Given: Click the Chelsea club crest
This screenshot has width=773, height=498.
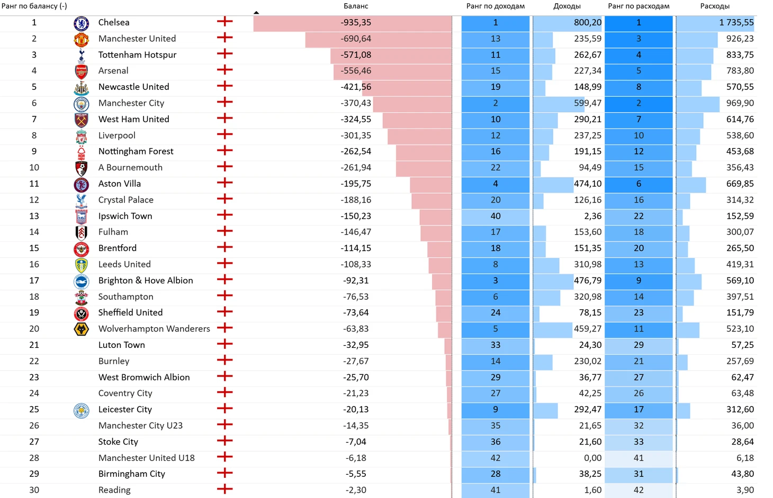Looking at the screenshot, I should (81, 23).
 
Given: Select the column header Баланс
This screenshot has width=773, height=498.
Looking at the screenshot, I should (355, 6).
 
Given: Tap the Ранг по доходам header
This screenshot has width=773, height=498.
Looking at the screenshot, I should (495, 6).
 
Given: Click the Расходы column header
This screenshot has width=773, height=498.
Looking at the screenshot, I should (714, 6).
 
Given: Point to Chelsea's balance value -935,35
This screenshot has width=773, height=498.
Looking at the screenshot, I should (356, 23).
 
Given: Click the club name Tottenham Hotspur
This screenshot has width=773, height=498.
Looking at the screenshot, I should (137, 55).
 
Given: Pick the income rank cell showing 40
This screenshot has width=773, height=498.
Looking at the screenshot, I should (495, 216).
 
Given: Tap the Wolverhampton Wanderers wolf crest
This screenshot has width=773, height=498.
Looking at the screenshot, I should (81, 329).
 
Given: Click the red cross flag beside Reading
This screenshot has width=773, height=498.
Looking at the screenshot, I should (224, 490).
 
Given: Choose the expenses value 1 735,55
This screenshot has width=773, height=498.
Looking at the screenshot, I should (736, 23).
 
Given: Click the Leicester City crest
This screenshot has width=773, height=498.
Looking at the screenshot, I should (81, 410).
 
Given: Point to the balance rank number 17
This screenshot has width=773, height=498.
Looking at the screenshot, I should (34, 281).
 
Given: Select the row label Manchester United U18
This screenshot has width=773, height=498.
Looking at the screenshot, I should (146, 458).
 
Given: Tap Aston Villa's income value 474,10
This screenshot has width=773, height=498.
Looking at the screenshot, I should (587, 184).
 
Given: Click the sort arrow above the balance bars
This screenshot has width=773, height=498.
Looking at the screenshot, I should (256, 12).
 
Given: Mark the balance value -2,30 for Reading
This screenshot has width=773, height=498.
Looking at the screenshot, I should (356, 490).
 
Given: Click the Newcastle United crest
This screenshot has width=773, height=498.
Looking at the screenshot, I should (81, 87).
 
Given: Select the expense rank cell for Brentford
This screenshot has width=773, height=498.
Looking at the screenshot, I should (639, 248).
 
